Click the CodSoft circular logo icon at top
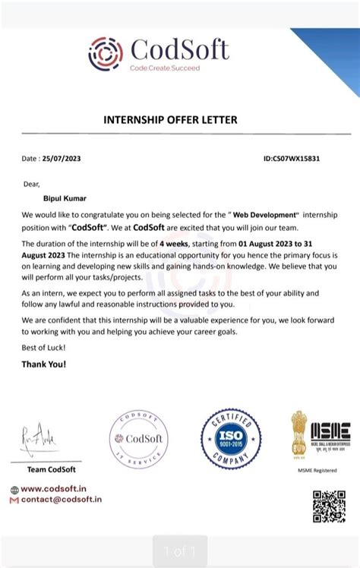pyautogui.click(x=106, y=53)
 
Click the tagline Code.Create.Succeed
pyautogui.click(x=165, y=68)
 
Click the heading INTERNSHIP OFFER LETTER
pyautogui.click(x=170, y=120)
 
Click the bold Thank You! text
pyautogui.click(x=44, y=364)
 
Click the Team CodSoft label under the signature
pyautogui.click(x=51, y=469)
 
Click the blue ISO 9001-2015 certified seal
pyautogui.click(x=231, y=438)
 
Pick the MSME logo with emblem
pyautogui.click(x=320, y=437)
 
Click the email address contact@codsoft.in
pyautogui.click(x=61, y=500)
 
